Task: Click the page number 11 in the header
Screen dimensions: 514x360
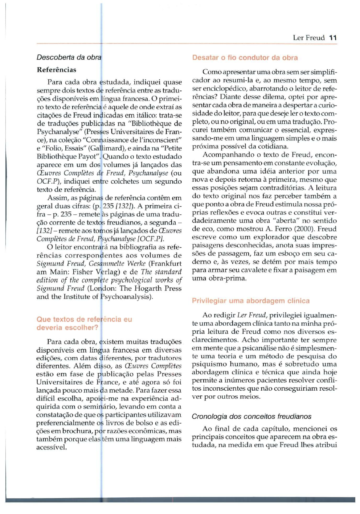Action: click(333, 38)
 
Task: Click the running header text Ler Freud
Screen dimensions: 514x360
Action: click(308, 38)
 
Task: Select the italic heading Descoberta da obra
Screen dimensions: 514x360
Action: click(69, 57)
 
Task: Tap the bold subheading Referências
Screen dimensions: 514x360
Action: click(57, 70)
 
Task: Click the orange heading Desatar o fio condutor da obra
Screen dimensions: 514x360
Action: click(245, 58)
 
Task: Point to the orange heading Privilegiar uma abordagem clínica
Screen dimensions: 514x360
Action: click(251, 301)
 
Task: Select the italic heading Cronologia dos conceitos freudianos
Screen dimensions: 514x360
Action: click(251, 416)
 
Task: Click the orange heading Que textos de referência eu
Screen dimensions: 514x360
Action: click(84, 319)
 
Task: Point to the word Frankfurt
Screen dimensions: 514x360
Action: click(165, 264)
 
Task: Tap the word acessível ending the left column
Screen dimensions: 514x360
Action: click(52, 447)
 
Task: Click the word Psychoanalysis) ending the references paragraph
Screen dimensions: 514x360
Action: click(127, 297)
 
